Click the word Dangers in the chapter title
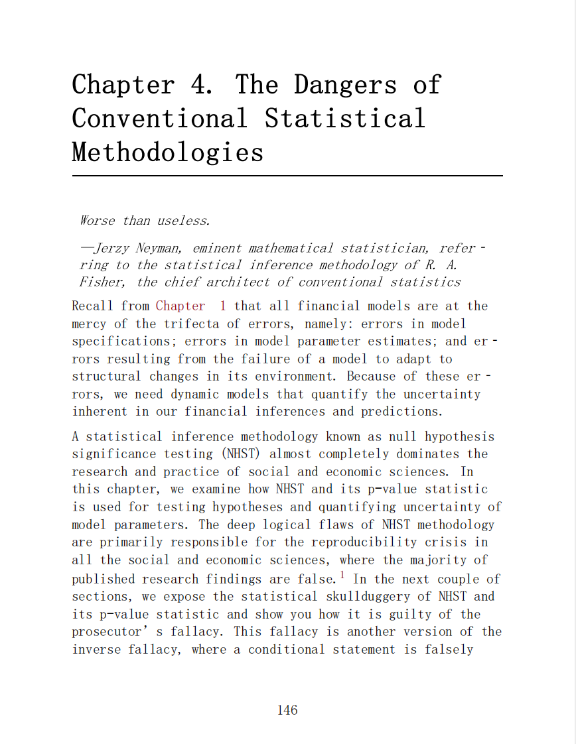(x=345, y=85)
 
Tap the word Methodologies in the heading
(x=168, y=153)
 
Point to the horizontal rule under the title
(x=287, y=176)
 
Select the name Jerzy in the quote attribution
(x=112, y=249)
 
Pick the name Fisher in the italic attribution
(x=100, y=282)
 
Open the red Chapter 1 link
(x=190, y=306)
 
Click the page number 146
(x=287, y=710)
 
